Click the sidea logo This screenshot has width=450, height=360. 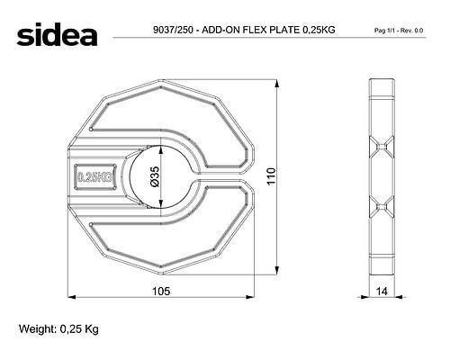coord(57,34)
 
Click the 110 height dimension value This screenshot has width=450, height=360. coord(271,176)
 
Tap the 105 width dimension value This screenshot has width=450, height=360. coord(161,291)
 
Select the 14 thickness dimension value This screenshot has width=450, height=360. coord(382,291)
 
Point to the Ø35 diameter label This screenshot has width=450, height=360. coord(156,177)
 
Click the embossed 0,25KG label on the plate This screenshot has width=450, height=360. coord(94,177)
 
